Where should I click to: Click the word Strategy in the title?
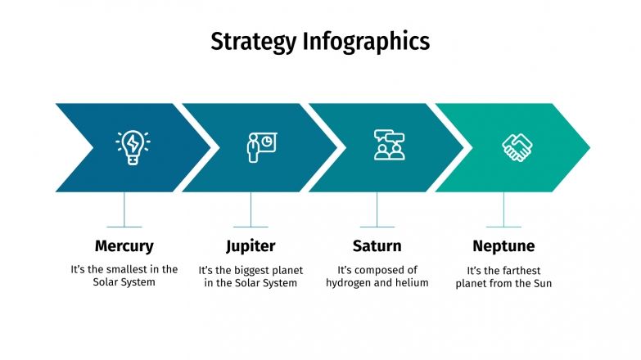point(254,41)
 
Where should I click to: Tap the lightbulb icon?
point(133,147)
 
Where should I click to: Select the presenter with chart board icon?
point(261,147)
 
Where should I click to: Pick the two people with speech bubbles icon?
point(389,146)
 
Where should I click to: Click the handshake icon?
point(517,147)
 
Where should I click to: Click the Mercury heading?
point(124,245)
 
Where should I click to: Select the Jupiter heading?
point(251,245)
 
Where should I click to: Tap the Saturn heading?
point(377,245)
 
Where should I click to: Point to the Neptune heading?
point(503,245)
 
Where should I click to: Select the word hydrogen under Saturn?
point(351,283)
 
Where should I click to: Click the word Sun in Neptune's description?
point(542,284)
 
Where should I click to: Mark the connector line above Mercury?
point(124,209)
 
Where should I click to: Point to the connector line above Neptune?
point(503,209)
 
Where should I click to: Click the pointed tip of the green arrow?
point(587,147)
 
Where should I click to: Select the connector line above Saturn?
point(377,209)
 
